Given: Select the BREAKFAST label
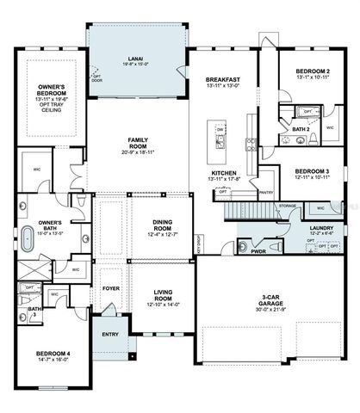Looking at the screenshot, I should (222, 80).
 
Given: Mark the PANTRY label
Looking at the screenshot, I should (265, 193).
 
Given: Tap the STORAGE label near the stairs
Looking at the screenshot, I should (288, 206).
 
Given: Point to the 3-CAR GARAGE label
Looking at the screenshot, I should (275, 300).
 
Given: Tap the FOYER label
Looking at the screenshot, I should (110, 290).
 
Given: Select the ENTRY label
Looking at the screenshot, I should (110, 334).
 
